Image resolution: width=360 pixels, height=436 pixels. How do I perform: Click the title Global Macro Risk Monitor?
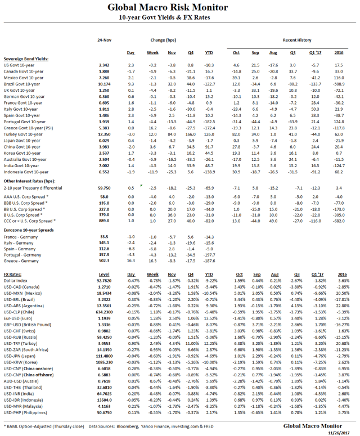point(180,8)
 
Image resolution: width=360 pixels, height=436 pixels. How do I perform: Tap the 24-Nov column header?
point(103,41)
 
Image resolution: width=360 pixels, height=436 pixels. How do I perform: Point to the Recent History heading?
point(298,41)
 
